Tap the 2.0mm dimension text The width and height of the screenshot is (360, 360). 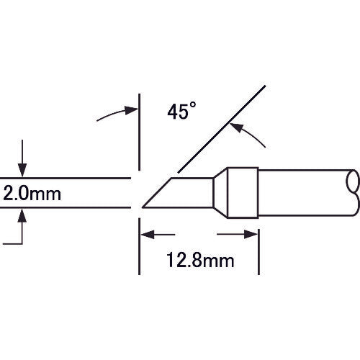tap(32, 193)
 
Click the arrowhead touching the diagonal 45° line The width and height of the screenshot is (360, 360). tap(233, 127)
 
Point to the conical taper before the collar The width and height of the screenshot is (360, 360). tap(222, 192)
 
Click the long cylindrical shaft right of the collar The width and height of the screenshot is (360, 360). tap(302, 192)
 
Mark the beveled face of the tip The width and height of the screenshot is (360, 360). tap(158, 193)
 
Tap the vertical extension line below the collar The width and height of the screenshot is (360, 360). tap(258, 245)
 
